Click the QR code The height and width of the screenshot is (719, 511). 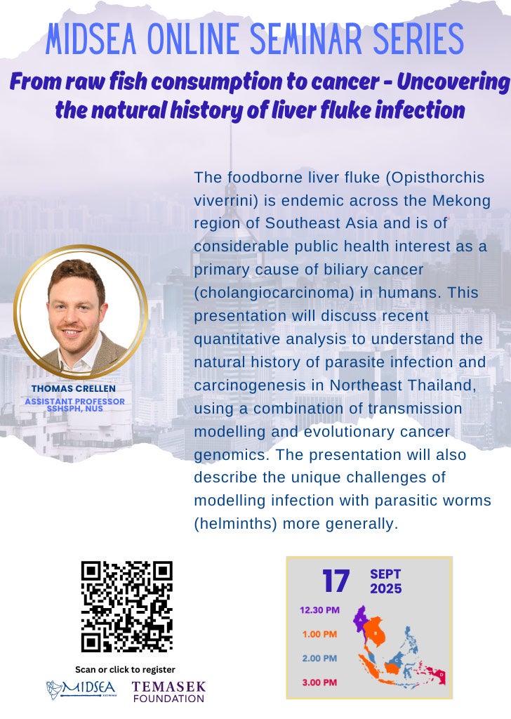point(126,606)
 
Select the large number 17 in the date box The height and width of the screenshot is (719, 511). point(336,581)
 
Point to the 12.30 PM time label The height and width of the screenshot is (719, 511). point(319,609)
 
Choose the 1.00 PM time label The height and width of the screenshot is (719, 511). point(319,634)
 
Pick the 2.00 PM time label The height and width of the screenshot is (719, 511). point(319,658)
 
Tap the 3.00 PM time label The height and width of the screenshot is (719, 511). point(319,682)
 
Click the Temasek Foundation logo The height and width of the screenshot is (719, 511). point(168,691)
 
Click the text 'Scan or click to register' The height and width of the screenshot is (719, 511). point(125,669)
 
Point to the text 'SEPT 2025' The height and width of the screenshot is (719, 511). point(386,581)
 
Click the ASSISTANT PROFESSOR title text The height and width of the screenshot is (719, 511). point(74,401)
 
